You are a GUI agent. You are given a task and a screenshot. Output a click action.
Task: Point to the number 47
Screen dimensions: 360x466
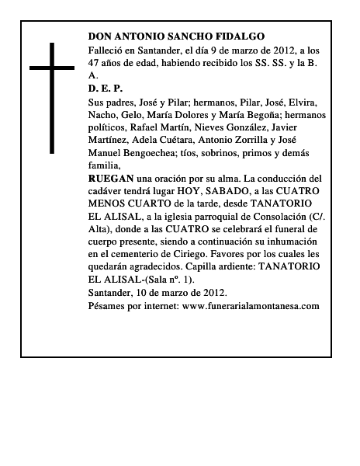tap(95, 62)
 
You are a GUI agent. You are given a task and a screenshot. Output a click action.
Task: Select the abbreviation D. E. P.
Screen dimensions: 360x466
tap(106, 89)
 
